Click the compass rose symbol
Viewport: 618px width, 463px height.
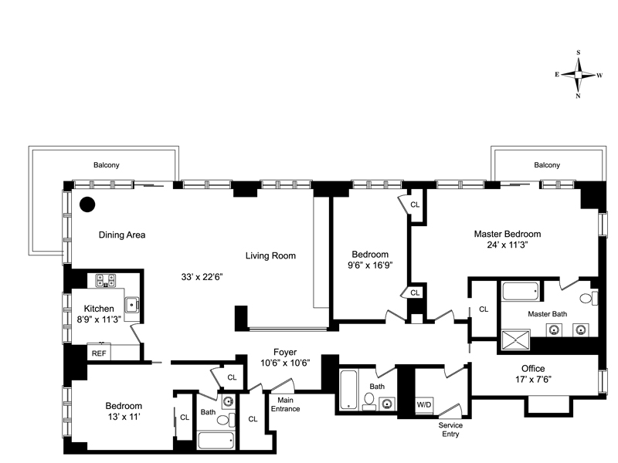(578, 74)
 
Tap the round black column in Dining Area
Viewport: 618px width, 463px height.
(87, 204)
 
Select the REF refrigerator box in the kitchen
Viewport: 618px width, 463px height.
(99, 353)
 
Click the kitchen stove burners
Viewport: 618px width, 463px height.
(106, 281)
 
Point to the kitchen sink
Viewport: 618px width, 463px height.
(131, 305)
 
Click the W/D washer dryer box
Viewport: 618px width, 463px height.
(424, 405)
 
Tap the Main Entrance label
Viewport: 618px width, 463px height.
(285, 404)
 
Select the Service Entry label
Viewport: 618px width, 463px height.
(450, 430)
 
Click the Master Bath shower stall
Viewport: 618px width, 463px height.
(515, 340)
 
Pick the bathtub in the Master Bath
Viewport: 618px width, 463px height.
(521, 292)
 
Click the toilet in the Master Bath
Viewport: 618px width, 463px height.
(589, 298)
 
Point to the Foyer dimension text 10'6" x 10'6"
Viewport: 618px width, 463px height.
(285, 363)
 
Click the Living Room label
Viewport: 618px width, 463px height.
(271, 256)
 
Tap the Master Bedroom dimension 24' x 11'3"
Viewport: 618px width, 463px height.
(508, 245)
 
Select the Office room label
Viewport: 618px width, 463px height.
(533, 369)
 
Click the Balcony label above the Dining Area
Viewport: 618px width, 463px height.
(107, 165)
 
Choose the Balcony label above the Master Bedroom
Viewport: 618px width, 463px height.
(547, 165)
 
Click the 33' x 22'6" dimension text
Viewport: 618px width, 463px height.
(202, 277)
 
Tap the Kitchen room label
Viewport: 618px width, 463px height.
(99, 309)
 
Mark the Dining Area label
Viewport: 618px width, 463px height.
(122, 235)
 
